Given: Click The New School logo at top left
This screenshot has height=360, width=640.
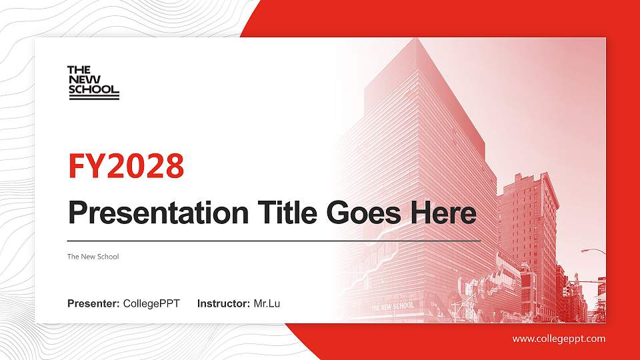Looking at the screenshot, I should pos(93,83).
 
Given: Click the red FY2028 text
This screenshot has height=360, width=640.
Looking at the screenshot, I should pos(126,166).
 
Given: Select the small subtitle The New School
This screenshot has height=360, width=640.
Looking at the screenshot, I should pos(93,257).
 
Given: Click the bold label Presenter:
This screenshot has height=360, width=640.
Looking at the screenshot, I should pos(93,304).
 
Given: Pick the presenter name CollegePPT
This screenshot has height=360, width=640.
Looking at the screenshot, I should pos(151,304).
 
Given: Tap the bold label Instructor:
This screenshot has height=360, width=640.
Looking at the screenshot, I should pos(224,304).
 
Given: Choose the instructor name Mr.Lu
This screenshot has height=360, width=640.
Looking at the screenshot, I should pos(267,304).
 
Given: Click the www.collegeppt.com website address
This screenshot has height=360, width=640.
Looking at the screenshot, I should pos(559,339).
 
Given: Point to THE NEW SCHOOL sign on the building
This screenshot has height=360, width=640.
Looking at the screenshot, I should pos(393,306).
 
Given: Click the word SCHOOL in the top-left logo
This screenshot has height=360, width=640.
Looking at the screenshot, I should pos(93,89).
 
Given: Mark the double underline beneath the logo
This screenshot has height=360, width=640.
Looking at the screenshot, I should pos(93,97).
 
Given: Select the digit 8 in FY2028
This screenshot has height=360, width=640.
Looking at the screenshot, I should pos(174,166).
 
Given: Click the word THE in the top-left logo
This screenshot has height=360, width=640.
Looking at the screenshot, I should pos(79,69).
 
